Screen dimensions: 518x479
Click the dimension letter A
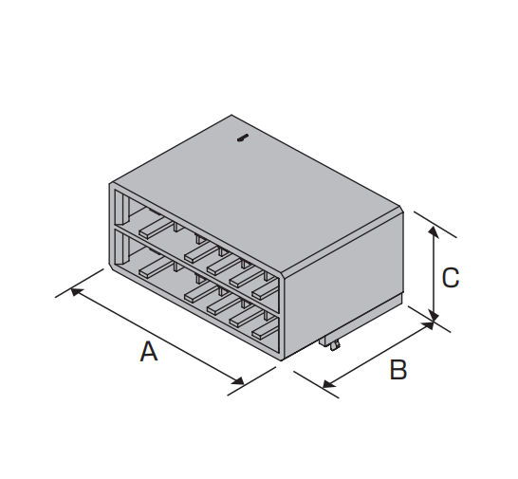(149, 352)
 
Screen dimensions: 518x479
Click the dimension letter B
(398, 370)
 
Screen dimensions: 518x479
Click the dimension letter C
(451, 278)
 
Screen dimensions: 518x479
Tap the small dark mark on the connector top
(243, 138)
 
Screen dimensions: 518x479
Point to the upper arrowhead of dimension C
(434, 232)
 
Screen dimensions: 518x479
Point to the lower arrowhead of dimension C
(435, 315)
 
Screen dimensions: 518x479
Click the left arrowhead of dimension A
(77, 292)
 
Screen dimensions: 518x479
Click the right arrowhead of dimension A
(237, 380)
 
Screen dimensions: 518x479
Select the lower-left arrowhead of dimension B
(328, 384)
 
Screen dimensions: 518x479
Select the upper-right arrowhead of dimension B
(427, 326)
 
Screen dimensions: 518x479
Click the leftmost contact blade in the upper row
(156, 228)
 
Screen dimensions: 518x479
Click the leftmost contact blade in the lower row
(156, 267)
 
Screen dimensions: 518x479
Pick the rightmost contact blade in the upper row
(265, 289)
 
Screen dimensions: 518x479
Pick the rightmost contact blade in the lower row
(265, 330)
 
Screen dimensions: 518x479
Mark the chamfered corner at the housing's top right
(401, 210)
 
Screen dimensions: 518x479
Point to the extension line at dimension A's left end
(80, 283)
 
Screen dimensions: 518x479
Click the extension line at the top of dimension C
(435, 224)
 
